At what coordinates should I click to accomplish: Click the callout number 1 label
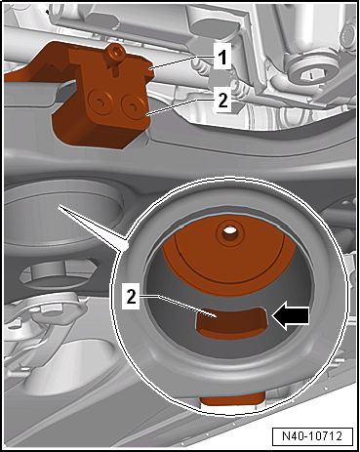pos(222,59)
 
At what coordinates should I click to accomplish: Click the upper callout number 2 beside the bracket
pos(222,101)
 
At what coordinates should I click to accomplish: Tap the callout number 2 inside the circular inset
pos(131,297)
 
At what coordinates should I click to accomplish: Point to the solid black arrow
pos(290,316)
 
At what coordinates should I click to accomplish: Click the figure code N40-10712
pos(312,436)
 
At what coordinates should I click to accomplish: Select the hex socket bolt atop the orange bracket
pos(116,52)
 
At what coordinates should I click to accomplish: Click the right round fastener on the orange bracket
pos(133,105)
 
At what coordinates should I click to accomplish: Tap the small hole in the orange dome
pos(229,229)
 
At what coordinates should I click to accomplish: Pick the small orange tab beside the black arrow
pos(231,323)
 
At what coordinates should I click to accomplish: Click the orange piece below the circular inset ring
pos(232,398)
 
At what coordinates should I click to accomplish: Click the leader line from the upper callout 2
pos(180,106)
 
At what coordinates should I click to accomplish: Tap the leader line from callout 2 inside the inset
pos(177,306)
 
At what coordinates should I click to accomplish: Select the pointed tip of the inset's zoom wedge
pos(59,206)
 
